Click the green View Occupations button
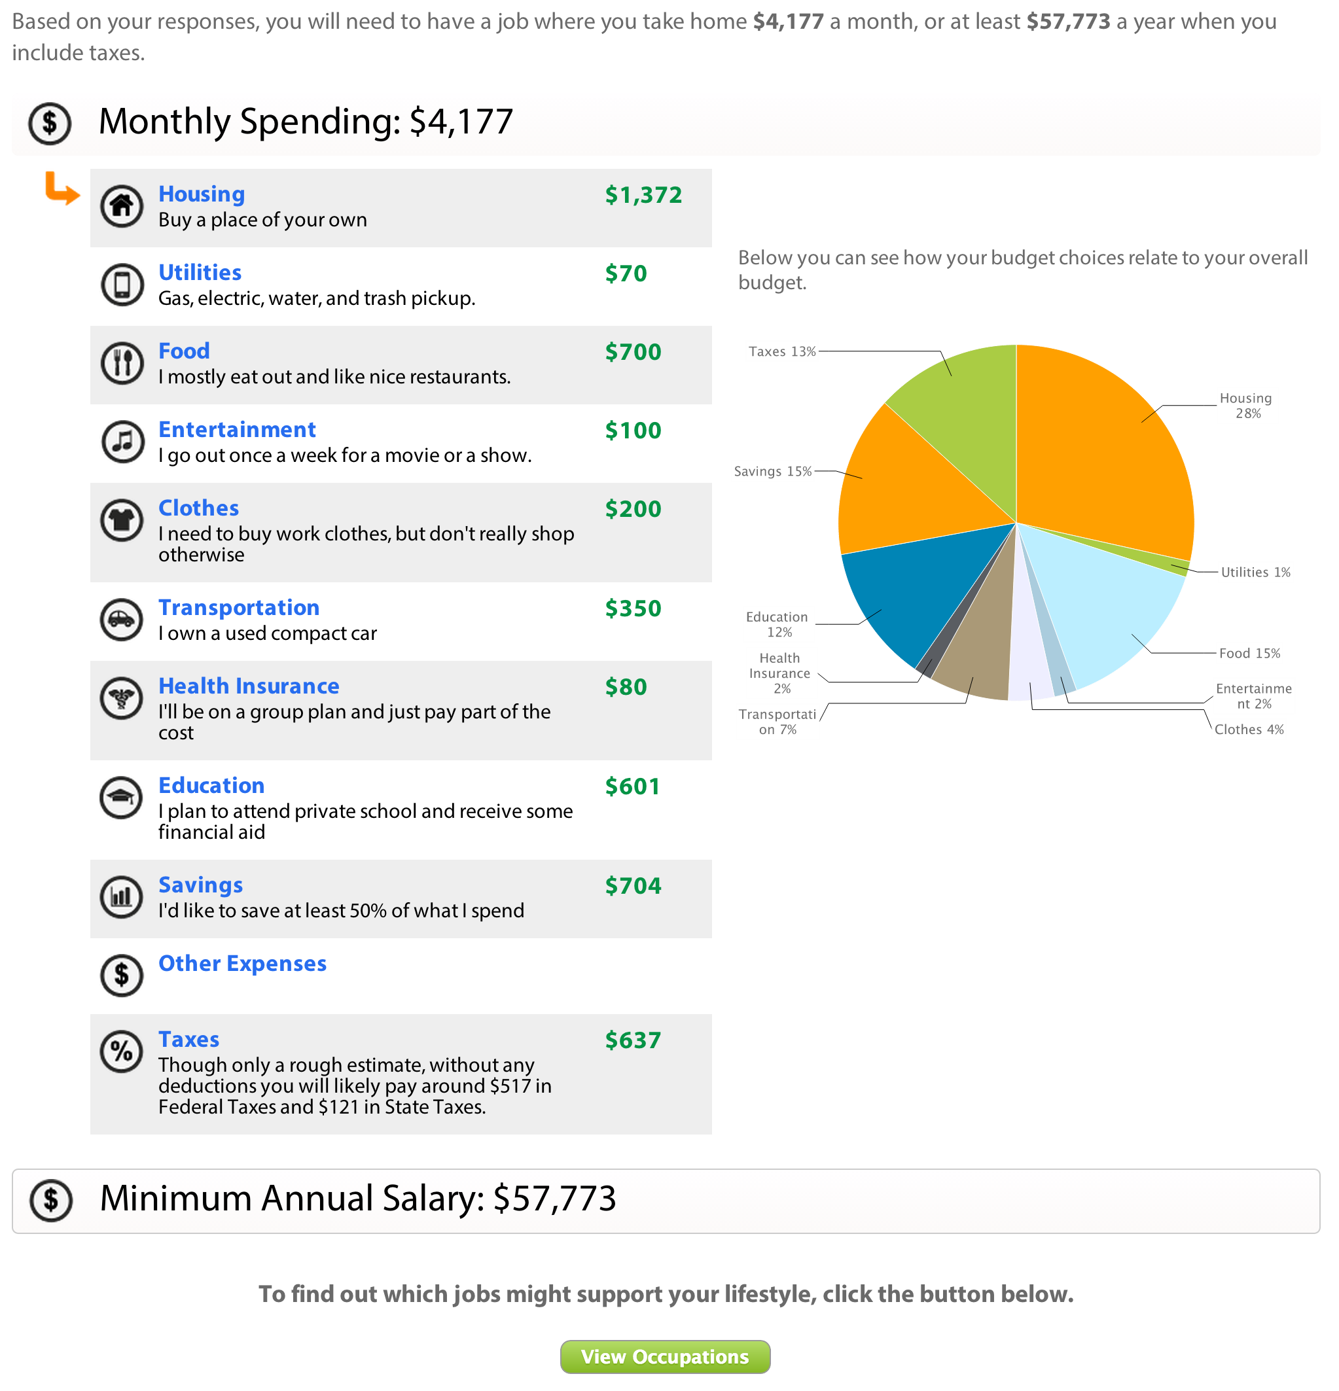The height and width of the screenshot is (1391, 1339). tap(664, 1356)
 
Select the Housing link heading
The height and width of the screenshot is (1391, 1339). tap(202, 194)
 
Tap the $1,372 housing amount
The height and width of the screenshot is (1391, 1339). tap(643, 194)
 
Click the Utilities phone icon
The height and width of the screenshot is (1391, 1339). tap(122, 285)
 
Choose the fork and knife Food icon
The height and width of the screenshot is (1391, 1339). tap(122, 363)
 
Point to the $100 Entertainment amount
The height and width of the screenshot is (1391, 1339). tap(633, 430)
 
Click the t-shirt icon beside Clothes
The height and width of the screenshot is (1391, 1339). tap(122, 520)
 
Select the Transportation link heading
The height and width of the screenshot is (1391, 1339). tap(239, 607)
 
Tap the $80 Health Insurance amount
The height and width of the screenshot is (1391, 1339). tap(626, 686)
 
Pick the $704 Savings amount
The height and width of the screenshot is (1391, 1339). tap(633, 885)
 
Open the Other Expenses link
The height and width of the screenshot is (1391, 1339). tap(242, 963)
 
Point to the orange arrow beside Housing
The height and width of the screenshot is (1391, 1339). tap(62, 189)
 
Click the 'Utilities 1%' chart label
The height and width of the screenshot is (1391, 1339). tap(1255, 572)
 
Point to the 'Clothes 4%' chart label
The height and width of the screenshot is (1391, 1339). tap(1249, 730)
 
